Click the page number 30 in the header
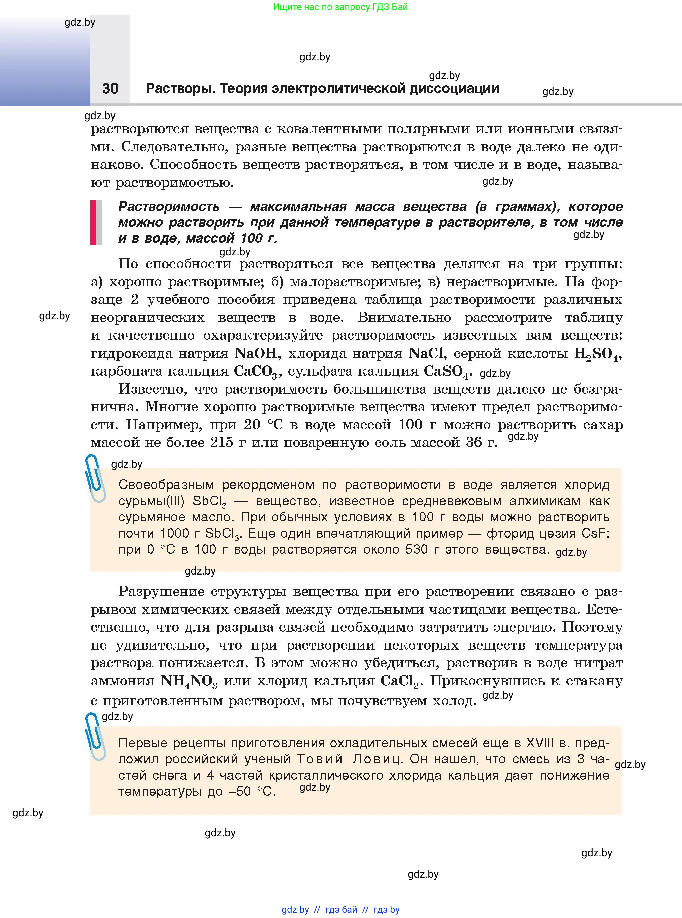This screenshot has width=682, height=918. point(110,88)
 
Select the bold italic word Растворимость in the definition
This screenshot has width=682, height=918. point(169,206)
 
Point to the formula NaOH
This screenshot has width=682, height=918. point(256,353)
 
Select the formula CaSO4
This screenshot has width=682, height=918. point(447,372)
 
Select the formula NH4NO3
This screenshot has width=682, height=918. point(189,681)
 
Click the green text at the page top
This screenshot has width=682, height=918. point(340,7)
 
